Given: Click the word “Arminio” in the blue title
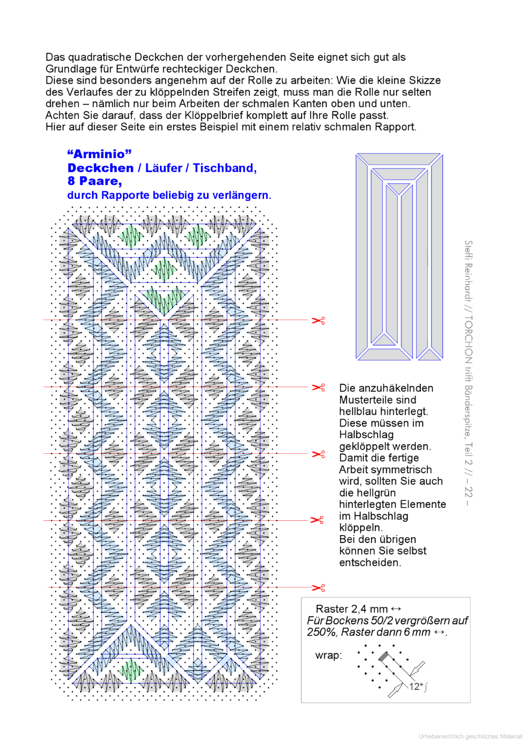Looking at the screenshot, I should [99, 154].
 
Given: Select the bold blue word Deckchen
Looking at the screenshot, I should [100, 168].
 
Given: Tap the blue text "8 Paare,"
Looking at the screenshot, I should [95, 181].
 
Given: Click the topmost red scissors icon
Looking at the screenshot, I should [318, 321].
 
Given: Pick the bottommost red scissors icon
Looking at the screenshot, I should [318, 588].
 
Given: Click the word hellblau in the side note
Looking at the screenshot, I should [358, 412].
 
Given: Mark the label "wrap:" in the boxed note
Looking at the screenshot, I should [328, 656].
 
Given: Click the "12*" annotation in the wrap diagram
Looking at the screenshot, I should [416, 686].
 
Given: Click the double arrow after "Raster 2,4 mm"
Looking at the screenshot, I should [396, 609].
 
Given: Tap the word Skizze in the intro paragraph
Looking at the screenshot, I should [422, 80].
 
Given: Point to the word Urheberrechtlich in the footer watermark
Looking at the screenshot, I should [440, 736].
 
